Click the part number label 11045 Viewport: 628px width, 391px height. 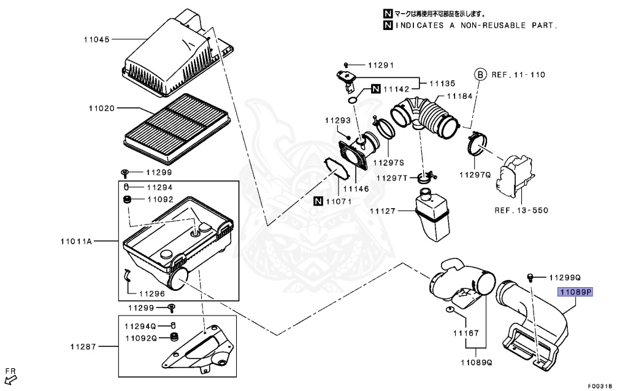pyautogui.click(x=96, y=39)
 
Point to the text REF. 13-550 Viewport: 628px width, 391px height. pyautogui.click(x=521, y=211)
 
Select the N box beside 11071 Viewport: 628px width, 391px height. pyautogui.click(x=318, y=201)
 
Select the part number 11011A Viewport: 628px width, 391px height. pyautogui.click(x=76, y=241)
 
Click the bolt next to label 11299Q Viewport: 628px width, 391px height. pyautogui.click(x=531, y=277)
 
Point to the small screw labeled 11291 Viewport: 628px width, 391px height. pyautogui.click(x=347, y=64)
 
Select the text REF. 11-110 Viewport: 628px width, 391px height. pyautogui.click(x=518, y=74)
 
